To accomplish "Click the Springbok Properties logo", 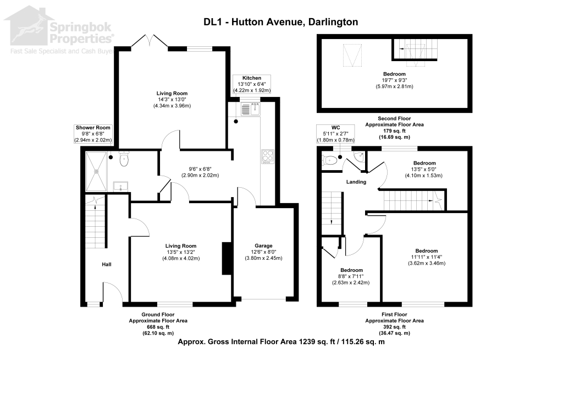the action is tap(58, 30).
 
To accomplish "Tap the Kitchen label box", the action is tap(247, 84).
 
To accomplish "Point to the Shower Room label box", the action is tap(93, 134).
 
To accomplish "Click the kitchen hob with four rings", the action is tap(267, 156).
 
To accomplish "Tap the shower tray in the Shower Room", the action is tap(97, 172).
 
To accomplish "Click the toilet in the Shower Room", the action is tap(124, 159).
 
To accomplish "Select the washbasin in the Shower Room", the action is tap(121, 186).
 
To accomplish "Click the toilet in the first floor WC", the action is tap(330, 160).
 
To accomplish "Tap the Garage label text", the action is tap(263, 246).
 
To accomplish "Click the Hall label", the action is tap(107, 265).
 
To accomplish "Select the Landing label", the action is tap(356, 182).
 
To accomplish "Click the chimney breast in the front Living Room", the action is tap(225, 258).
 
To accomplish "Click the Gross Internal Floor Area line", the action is tap(281, 342).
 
